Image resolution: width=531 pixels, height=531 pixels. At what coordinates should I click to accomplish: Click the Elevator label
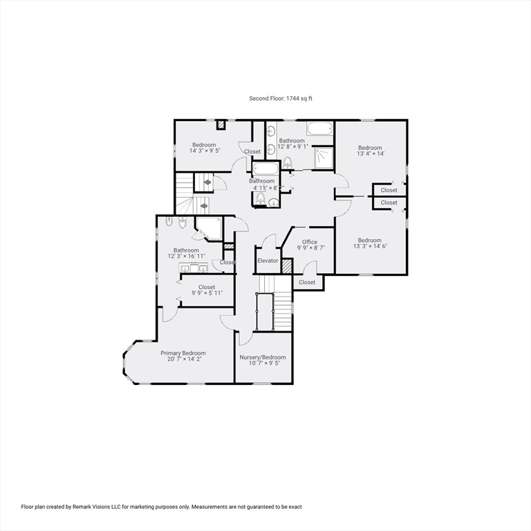268,261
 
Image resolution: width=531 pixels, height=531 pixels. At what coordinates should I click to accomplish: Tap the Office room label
310,241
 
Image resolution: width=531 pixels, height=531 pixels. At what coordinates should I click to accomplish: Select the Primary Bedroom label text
183,353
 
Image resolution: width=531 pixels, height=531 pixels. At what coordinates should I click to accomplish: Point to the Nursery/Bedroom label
263,357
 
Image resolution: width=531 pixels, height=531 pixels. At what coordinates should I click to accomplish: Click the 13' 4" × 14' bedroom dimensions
370,154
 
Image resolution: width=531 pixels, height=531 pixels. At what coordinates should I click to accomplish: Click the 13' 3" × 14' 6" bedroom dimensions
370,246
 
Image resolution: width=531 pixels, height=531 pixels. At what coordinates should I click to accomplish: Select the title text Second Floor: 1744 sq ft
281,99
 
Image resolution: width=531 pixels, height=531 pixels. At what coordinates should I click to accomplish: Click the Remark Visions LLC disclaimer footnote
162,507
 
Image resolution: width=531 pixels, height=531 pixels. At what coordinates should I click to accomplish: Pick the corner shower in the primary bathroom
209,228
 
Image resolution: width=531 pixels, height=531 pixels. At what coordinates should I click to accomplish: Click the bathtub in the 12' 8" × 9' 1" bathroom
320,129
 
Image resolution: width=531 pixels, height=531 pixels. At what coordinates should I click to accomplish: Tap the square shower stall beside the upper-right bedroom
323,158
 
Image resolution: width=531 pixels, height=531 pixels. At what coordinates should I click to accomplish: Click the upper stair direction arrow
207,183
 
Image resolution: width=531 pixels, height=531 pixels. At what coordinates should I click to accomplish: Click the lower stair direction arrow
203,205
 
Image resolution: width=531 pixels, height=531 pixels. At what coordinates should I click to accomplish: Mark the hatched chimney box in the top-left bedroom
221,125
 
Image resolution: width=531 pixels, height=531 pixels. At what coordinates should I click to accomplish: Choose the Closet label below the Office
307,282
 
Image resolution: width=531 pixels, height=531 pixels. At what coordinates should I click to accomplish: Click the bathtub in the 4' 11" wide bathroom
265,169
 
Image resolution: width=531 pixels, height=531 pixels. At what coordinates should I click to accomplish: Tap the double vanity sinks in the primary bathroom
194,266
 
